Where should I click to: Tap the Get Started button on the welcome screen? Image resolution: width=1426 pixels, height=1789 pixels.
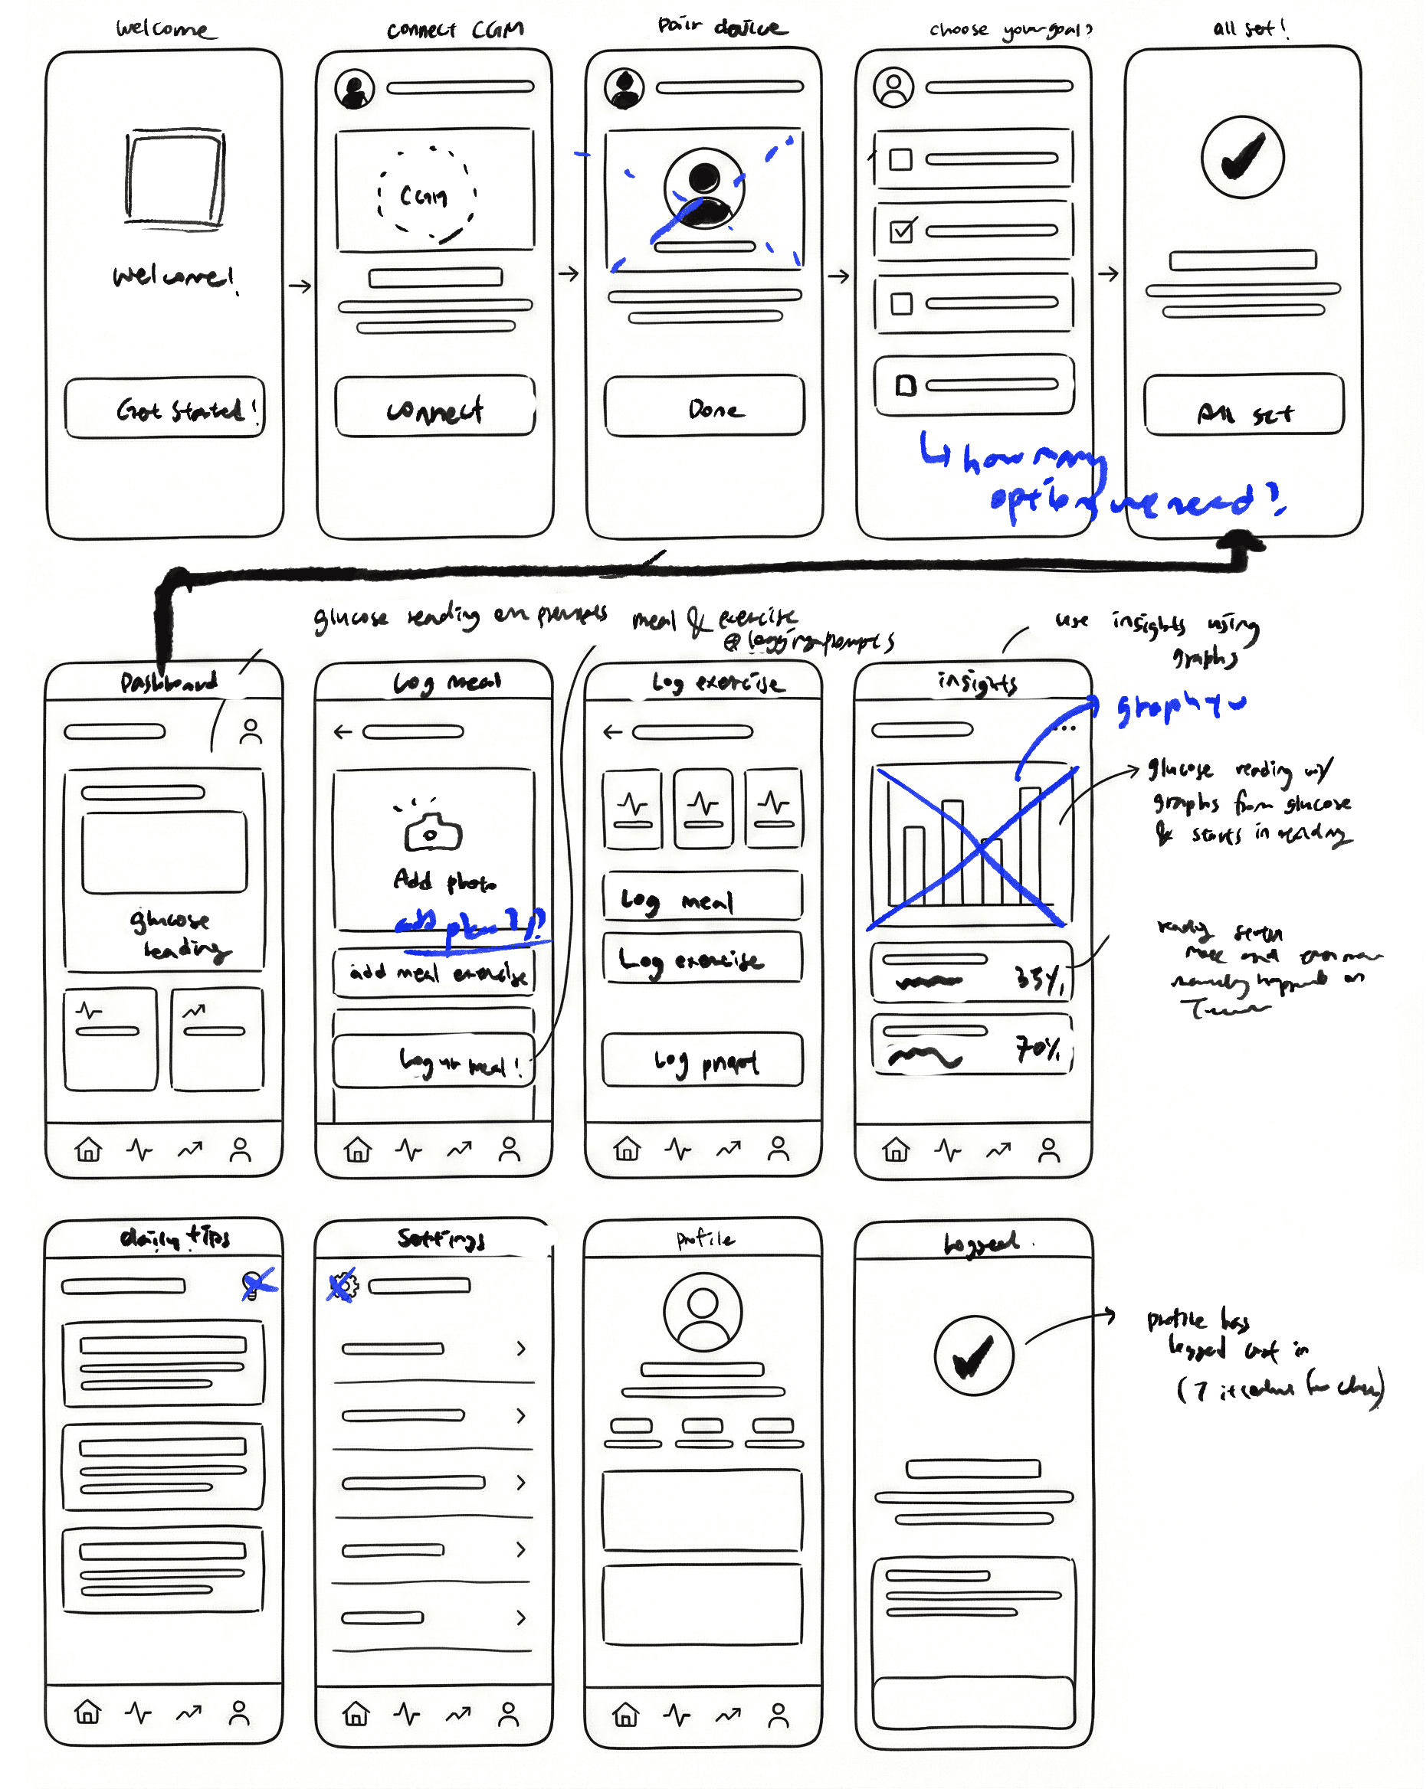(x=166, y=407)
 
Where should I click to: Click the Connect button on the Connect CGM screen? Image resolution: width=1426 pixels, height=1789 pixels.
(x=435, y=407)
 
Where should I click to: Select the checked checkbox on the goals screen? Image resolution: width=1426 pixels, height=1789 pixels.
(x=902, y=230)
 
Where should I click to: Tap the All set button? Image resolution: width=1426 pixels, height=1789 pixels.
(x=1244, y=405)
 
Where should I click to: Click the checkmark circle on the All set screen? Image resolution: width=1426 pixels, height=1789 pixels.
(x=1243, y=157)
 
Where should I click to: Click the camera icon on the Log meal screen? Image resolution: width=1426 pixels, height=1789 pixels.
(x=432, y=832)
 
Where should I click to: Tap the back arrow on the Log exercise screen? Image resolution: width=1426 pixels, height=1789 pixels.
(x=612, y=731)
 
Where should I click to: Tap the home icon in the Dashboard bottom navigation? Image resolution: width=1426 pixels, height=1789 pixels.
(x=88, y=1150)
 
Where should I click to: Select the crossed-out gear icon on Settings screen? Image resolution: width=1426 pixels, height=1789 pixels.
(x=343, y=1285)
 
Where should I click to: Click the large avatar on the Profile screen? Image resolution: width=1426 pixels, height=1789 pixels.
(x=702, y=1312)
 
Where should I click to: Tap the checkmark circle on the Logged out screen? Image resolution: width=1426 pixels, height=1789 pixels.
(x=974, y=1355)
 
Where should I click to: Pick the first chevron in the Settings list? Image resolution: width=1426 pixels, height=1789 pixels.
(x=521, y=1349)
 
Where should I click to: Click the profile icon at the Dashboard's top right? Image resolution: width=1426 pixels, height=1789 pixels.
(x=251, y=731)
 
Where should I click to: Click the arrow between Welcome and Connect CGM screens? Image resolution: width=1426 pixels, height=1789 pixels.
(x=300, y=286)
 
